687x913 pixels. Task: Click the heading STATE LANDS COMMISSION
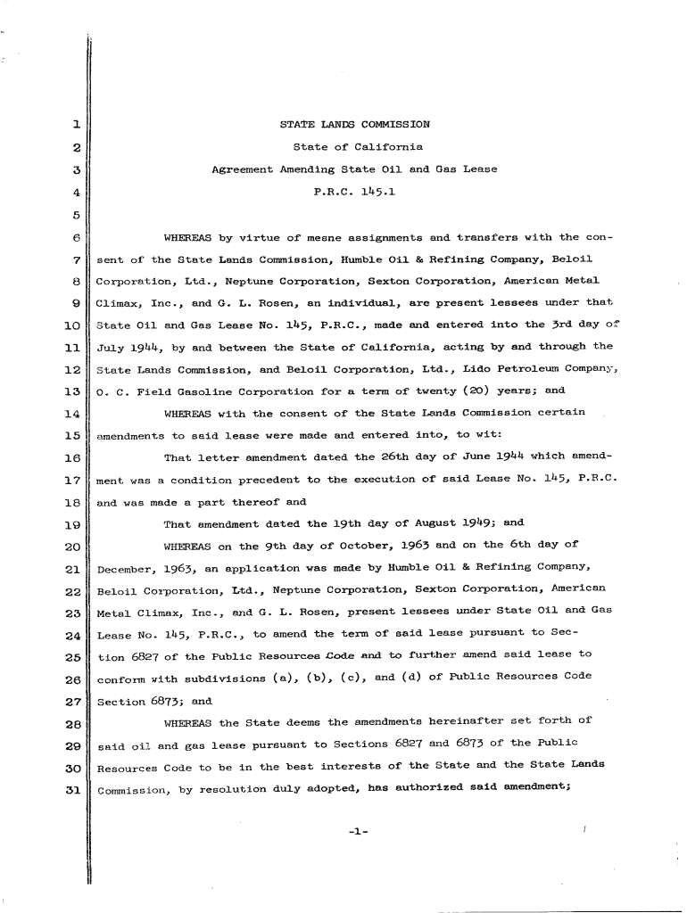point(354,125)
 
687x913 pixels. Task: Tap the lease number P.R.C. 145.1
point(354,191)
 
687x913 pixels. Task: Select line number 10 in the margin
point(74,325)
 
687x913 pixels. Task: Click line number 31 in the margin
point(74,790)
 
